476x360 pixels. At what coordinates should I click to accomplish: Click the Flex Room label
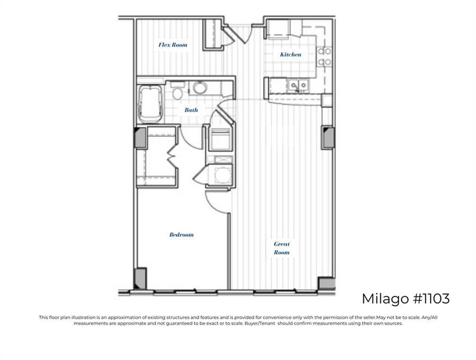173,45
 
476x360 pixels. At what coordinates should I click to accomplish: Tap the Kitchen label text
290,55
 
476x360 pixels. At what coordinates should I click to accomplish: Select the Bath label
191,110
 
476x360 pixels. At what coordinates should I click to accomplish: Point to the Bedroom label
181,235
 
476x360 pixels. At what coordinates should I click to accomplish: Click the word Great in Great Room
282,244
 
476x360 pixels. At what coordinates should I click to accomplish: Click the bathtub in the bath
150,104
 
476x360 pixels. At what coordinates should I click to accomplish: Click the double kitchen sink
298,85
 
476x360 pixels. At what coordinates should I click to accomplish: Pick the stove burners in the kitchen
324,57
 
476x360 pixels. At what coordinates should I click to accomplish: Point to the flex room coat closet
212,34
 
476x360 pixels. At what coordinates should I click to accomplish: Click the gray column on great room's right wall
327,137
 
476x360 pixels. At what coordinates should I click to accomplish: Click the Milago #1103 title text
405,299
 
